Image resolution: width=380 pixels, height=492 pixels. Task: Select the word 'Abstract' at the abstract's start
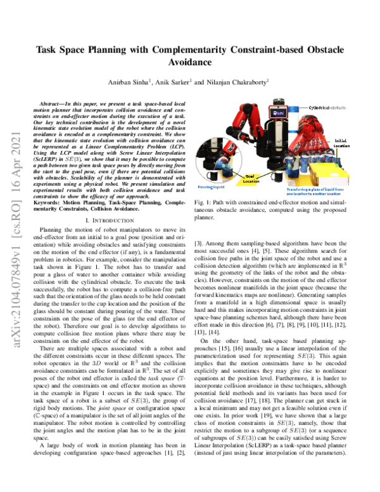pos(53,101)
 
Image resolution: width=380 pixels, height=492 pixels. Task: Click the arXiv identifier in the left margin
pos(13,247)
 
